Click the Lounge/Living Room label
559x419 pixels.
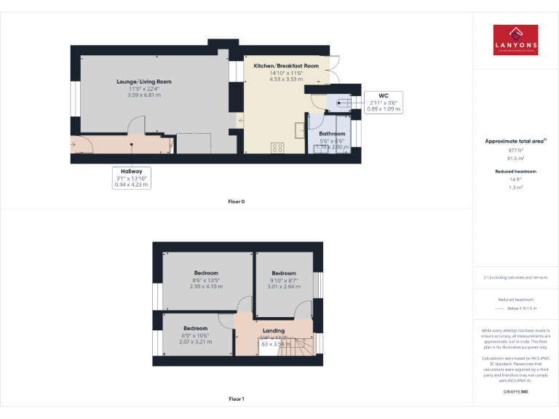(x=143, y=81)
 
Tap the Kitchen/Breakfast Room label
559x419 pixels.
(x=286, y=66)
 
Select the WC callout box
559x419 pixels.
(x=384, y=102)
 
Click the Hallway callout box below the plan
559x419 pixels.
(x=131, y=178)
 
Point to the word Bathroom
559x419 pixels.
(x=331, y=134)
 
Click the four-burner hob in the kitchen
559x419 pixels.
(x=277, y=148)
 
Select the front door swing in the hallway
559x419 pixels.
(x=81, y=143)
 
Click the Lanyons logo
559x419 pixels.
(x=515, y=40)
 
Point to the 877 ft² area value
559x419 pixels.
(x=515, y=150)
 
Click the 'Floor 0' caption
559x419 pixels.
(x=236, y=201)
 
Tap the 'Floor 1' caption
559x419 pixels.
(x=236, y=399)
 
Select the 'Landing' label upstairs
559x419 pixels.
(x=274, y=331)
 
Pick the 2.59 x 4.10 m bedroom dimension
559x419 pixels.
(x=206, y=287)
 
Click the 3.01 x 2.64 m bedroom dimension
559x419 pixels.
(x=284, y=287)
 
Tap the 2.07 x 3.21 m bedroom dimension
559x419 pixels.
(x=195, y=341)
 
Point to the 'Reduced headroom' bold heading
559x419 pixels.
(x=515, y=171)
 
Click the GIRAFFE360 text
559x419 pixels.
(x=515, y=392)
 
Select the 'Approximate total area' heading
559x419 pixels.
(x=515, y=141)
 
